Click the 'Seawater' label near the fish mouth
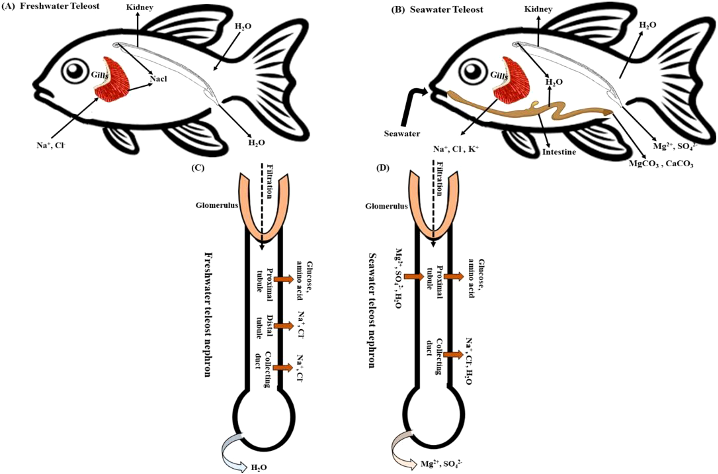coord(402,133)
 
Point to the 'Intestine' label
coord(559,152)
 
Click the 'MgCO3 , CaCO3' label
coord(661,164)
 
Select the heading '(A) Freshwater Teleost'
coord(51,6)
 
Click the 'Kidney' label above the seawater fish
coord(538,9)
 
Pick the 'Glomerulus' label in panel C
coord(217,206)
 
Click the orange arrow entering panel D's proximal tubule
coord(414,276)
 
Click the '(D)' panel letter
coord(383,168)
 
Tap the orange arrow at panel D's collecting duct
coord(453,355)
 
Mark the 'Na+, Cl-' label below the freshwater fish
coord(51,145)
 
